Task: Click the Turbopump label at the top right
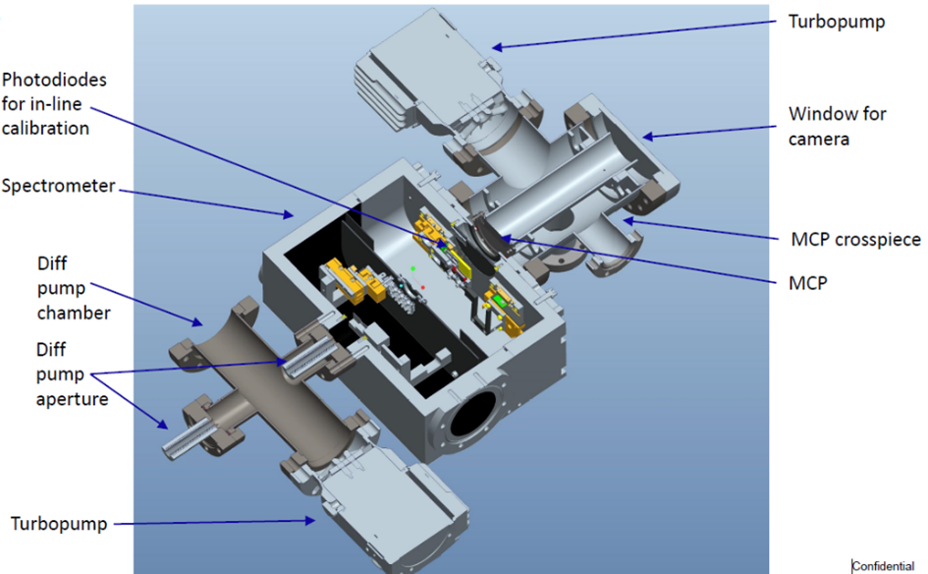(x=837, y=22)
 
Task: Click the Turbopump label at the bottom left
(x=59, y=524)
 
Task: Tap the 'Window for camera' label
(x=837, y=126)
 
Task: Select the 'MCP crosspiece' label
(x=855, y=239)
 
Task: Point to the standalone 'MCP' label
(x=808, y=283)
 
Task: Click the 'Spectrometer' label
(x=59, y=186)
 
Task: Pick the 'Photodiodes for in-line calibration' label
(x=54, y=103)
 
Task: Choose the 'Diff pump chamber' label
(x=74, y=288)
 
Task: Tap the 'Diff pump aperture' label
(x=72, y=374)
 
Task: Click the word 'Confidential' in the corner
(x=883, y=566)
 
